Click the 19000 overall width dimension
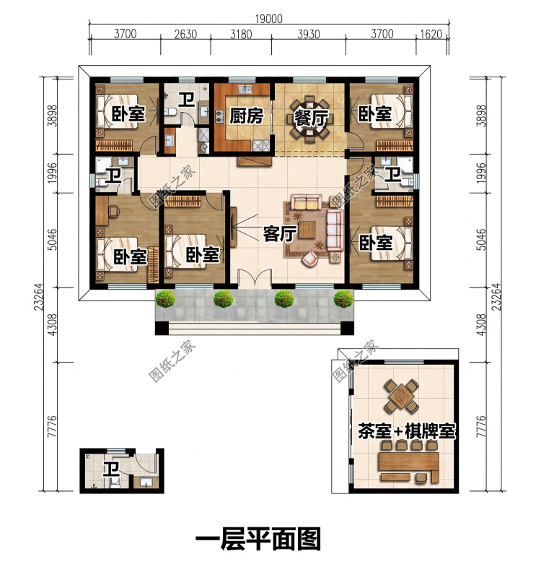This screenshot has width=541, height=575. coord(268,19)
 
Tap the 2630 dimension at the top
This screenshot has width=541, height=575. coord(185,34)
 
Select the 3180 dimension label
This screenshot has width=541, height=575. coord(241,34)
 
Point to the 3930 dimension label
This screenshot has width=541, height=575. coord(309,34)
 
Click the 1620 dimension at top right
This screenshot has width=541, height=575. coord(431,34)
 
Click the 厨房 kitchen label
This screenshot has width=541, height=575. coord(246,116)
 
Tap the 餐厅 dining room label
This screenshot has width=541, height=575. coord(311,118)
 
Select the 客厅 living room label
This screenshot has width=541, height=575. coord(279,233)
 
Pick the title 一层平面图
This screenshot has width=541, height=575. coord(258,539)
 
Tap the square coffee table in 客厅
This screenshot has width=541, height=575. coord(307,230)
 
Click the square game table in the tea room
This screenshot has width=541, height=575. coord(401,396)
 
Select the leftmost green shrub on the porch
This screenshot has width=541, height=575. coord(165,299)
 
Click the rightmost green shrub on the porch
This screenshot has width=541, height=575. coord(343,299)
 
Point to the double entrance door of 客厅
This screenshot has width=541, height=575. coord(255,279)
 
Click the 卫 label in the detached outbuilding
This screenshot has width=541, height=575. coord(110,470)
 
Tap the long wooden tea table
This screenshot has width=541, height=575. coord(409,463)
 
